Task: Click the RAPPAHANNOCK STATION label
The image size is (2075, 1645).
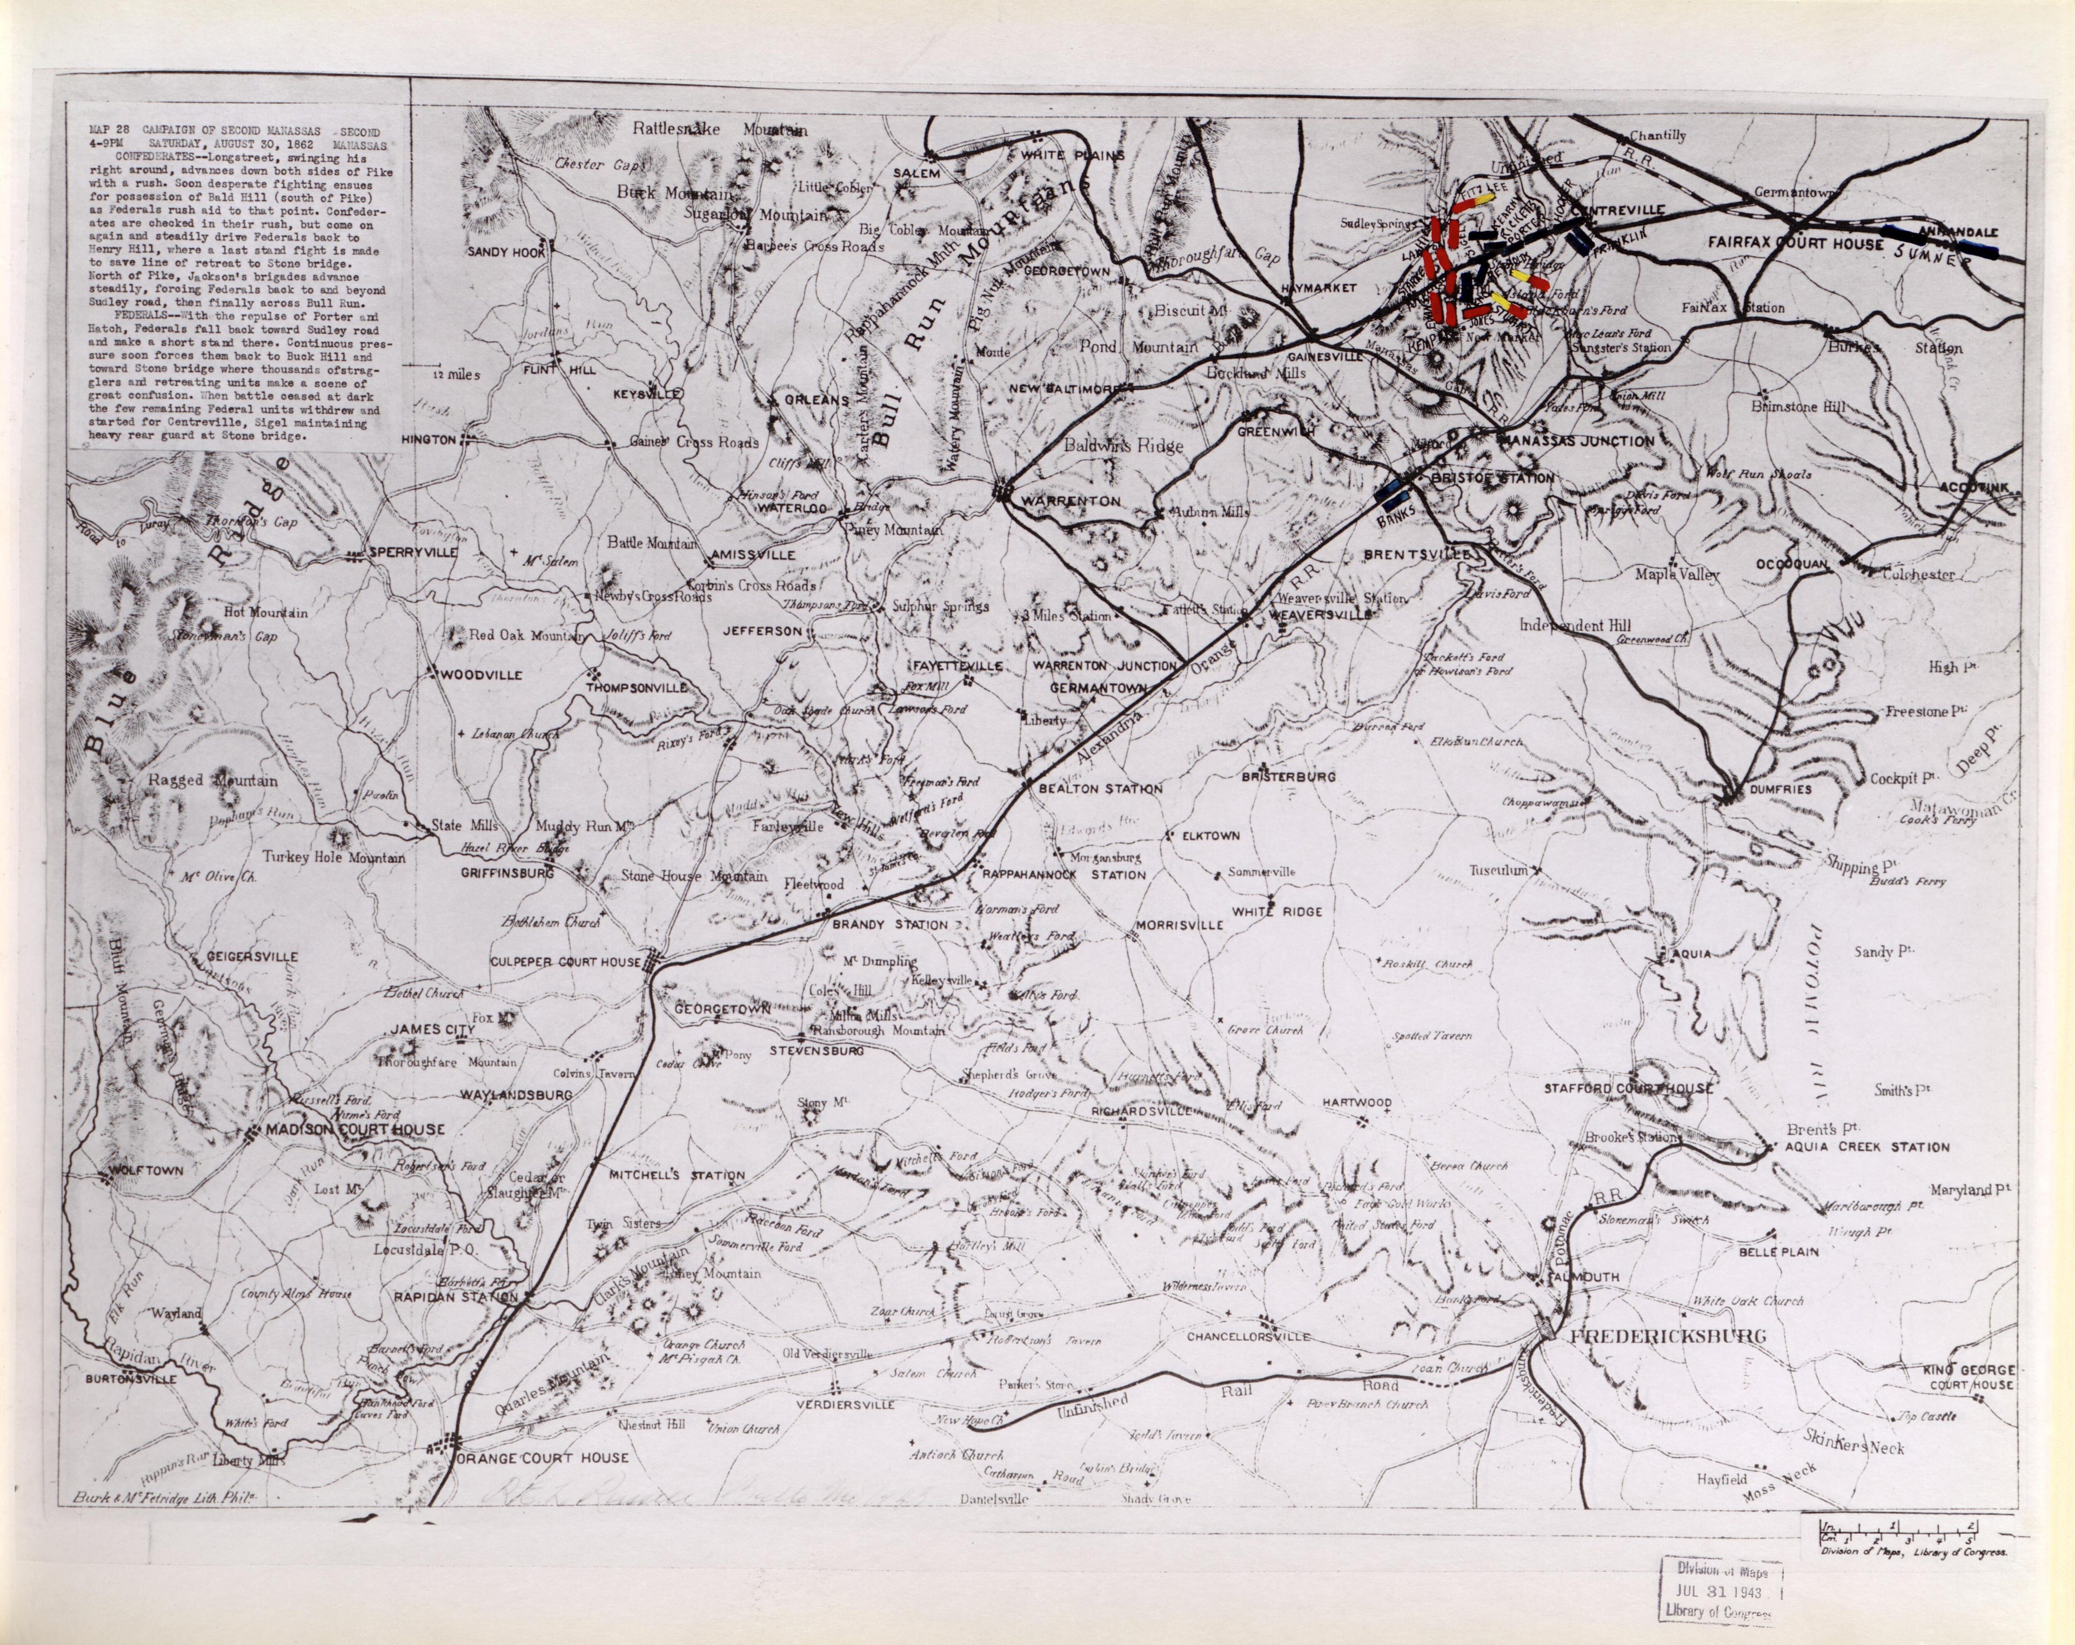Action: pos(1063,875)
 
